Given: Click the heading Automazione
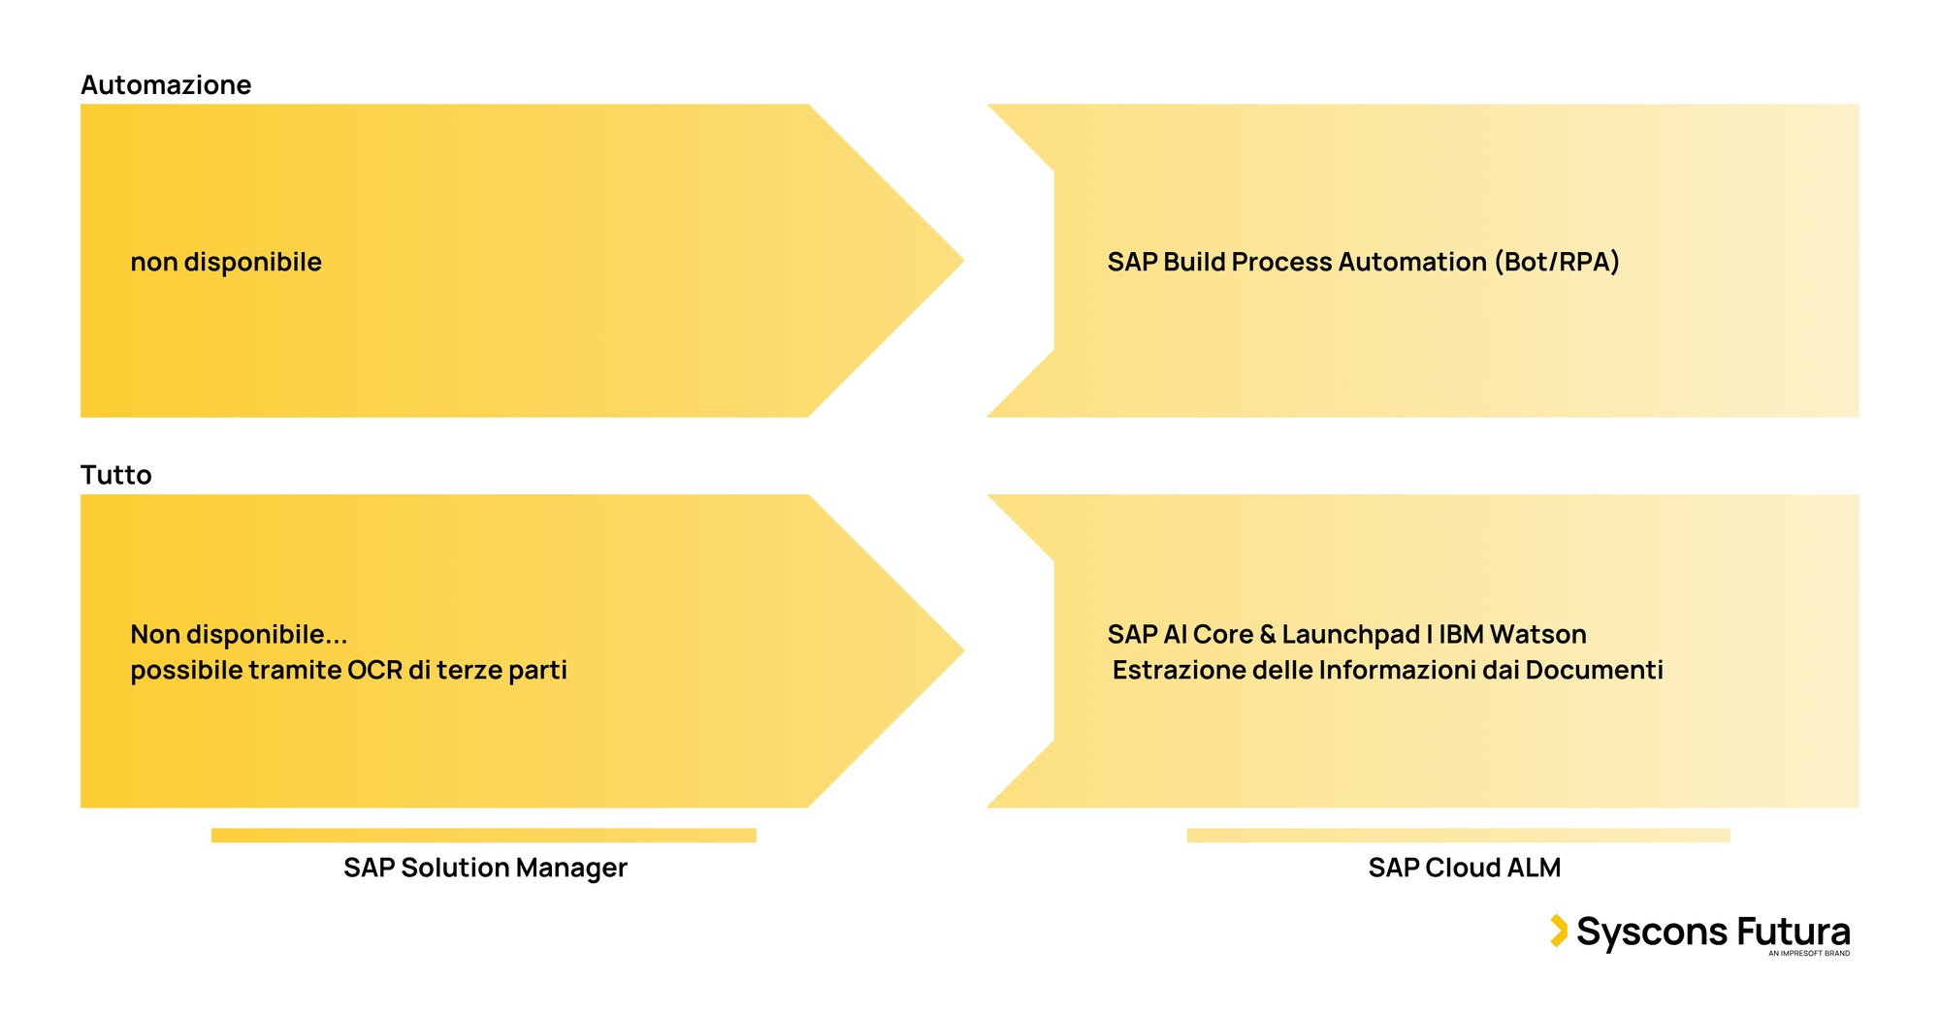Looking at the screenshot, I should tap(166, 85).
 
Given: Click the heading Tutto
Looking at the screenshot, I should tap(116, 475).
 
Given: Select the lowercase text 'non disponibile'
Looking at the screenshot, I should tap(226, 262).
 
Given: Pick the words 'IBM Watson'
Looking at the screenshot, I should tap(1512, 634).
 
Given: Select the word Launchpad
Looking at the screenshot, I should tap(1350, 634).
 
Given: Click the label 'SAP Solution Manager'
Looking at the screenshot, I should tap(485, 868).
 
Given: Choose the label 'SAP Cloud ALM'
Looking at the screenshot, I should tap(1464, 868).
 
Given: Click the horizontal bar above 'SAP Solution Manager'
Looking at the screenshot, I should tap(483, 836).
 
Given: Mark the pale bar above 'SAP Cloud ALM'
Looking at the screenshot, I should tap(1458, 836).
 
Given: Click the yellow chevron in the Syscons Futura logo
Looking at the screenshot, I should tap(1559, 931).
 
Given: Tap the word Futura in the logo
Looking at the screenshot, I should tap(1794, 932).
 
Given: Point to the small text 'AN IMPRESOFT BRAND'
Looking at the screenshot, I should tap(1808, 954).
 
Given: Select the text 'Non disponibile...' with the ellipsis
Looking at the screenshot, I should tap(239, 634).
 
